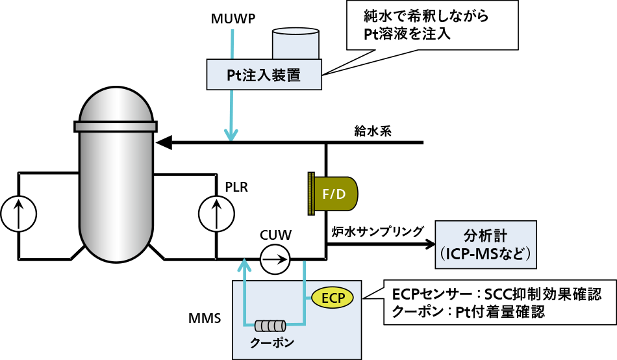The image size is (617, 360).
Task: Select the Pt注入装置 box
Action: tap(264, 75)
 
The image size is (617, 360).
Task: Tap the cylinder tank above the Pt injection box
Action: tap(296, 43)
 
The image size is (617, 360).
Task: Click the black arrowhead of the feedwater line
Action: tap(164, 142)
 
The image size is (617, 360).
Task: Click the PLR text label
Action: tap(236, 188)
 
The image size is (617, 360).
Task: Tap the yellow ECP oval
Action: tap(332, 298)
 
